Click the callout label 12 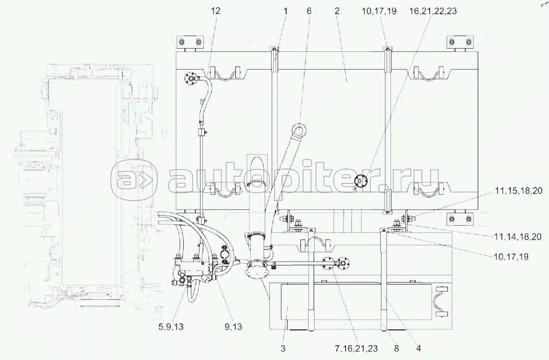[x=215, y=11]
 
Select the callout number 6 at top [x=309, y=11]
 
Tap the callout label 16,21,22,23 [x=433, y=11]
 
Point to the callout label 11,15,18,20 [x=518, y=191]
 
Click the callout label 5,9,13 [x=171, y=327]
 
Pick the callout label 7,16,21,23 [x=356, y=348]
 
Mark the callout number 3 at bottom [x=283, y=348]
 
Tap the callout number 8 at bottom [x=396, y=348]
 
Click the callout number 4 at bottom [x=418, y=348]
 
